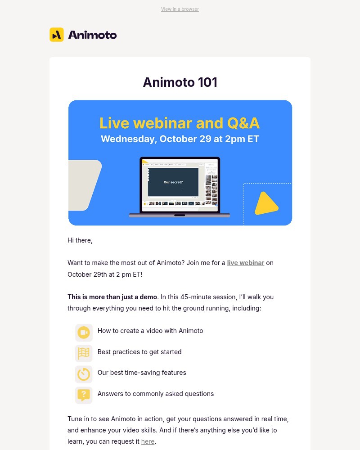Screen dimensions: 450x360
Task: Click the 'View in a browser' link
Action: pyautogui.click(x=180, y=9)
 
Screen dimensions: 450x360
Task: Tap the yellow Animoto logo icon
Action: pyautogui.click(x=56, y=35)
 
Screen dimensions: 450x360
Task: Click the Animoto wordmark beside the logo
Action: pyautogui.click(x=92, y=35)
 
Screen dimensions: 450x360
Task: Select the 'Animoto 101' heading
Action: pyautogui.click(x=180, y=82)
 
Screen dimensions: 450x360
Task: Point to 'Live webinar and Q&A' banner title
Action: pyautogui.click(x=180, y=123)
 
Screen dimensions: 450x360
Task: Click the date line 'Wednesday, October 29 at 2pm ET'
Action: pyautogui.click(x=180, y=139)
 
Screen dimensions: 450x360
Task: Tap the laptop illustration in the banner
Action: pyautogui.click(x=180, y=187)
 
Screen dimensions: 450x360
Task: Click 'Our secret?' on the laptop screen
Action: pyautogui.click(x=173, y=182)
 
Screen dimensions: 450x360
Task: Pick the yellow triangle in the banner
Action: pyautogui.click(x=265, y=203)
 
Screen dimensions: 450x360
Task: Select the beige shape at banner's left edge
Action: pyautogui.click(x=83, y=184)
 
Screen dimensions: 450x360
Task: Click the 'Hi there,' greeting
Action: pyautogui.click(x=80, y=240)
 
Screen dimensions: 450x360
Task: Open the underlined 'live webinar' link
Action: pyautogui.click(x=245, y=263)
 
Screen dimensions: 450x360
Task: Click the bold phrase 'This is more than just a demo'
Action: pyautogui.click(x=112, y=297)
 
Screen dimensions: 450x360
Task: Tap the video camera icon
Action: pyautogui.click(x=84, y=333)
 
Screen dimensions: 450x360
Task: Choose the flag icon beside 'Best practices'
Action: pyautogui.click(x=84, y=353)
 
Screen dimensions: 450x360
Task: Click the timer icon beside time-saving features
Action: pyautogui.click(x=84, y=374)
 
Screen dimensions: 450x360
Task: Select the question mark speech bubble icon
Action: pyautogui.click(x=84, y=395)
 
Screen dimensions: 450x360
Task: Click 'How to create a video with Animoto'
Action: pyautogui.click(x=150, y=331)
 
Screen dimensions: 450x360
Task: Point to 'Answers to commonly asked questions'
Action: pyautogui.click(x=156, y=394)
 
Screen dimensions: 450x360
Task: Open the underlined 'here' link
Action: pyautogui.click(x=148, y=441)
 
